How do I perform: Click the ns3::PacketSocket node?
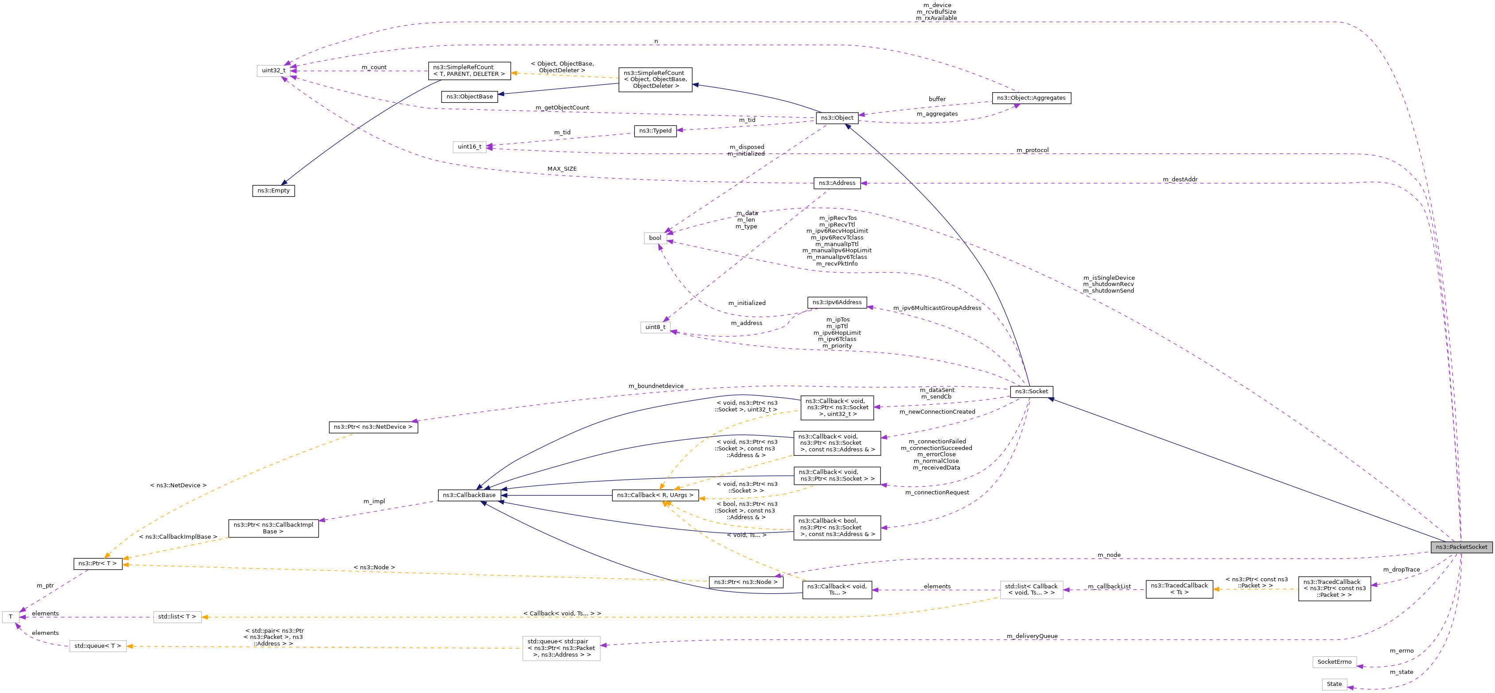click(x=1461, y=547)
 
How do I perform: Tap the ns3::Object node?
click(x=836, y=118)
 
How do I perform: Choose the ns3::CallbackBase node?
click(x=469, y=495)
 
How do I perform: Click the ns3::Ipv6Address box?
click(x=837, y=302)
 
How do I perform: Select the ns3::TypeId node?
click(x=655, y=131)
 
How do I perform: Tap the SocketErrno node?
click(x=1334, y=662)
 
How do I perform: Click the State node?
click(x=1334, y=684)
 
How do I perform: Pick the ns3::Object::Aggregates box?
click(x=1031, y=98)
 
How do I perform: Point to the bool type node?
click(x=655, y=238)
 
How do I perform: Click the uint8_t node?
click(x=655, y=327)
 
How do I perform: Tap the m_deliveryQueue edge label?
click(x=1032, y=636)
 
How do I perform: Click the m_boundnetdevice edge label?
click(x=656, y=386)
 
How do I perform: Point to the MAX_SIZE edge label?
click(x=562, y=169)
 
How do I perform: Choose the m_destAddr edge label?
click(x=1180, y=179)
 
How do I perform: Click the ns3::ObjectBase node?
click(x=469, y=97)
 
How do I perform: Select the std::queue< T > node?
click(x=98, y=646)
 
